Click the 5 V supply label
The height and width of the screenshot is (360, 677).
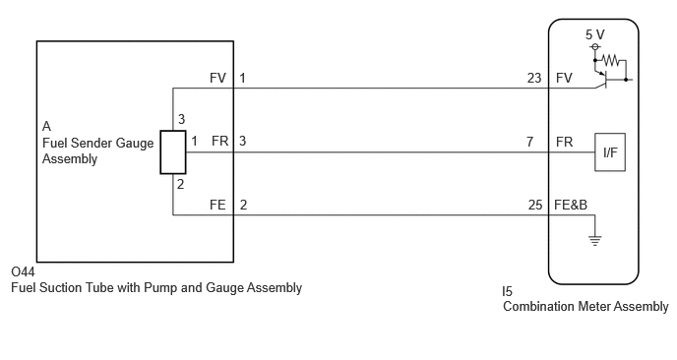[x=595, y=34]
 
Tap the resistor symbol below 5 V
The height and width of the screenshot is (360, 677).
[x=610, y=60]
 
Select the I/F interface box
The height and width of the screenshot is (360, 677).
[x=610, y=151]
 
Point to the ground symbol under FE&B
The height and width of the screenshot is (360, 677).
[x=595, y=241]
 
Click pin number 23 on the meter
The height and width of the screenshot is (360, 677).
[x=534, y=78]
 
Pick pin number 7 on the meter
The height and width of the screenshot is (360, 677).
[x=529, y=142]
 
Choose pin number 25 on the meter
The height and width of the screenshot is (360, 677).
[x=535, y=205]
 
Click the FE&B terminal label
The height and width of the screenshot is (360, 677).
[x=571, y=205]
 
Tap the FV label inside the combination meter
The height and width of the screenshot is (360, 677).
[x=564, y=78]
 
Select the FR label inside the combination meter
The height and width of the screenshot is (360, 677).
[x=564, y=142]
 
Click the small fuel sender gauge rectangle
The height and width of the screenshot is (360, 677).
[x=173, y=152]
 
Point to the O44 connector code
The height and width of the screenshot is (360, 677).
[x=23, y=271]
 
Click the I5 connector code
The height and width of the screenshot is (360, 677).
[x=508, y=291]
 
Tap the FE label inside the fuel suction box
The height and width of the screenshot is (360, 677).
[x=217, y=205]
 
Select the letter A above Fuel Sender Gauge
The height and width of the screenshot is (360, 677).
[x=46, y=126]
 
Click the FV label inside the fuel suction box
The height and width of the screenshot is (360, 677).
[x=217, y=78]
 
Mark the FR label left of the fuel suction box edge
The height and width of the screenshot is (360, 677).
[x=219, y=142]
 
